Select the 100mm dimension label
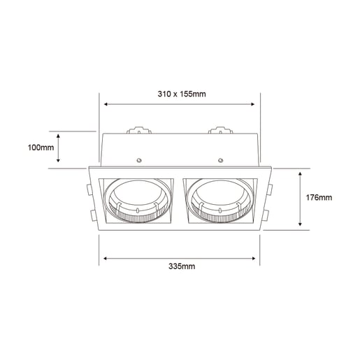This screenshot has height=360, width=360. (x=41, y=147)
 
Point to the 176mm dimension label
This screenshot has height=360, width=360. (x=319, y=198)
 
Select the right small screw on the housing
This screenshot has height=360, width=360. (x=220, y=159)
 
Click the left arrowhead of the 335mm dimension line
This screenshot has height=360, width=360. (x=106, y=257)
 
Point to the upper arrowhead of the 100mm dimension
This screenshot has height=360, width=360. (x=59, y=134)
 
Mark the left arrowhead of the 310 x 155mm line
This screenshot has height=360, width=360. (x=106, y=104)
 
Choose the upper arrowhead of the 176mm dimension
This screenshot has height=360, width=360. (x=300, y=172)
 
